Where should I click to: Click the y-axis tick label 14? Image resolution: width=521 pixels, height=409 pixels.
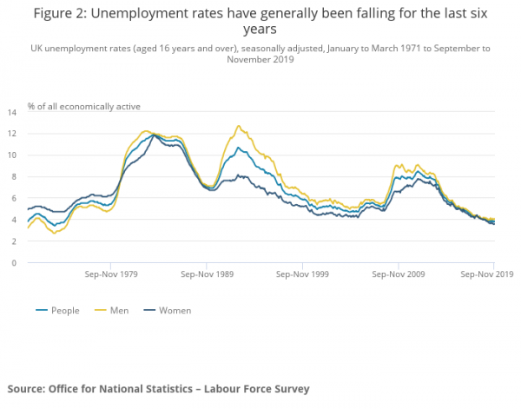[13, 112]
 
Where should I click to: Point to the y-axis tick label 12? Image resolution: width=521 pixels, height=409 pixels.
[13, 134]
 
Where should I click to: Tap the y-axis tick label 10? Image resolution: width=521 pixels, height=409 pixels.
[13, 155]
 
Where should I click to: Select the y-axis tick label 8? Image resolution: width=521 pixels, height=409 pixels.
[15, 177]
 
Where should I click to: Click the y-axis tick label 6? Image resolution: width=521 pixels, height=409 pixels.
[15, 198]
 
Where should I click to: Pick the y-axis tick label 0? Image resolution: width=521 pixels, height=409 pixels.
[15, 262]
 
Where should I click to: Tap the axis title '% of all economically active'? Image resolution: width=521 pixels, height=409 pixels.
[83, 106]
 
